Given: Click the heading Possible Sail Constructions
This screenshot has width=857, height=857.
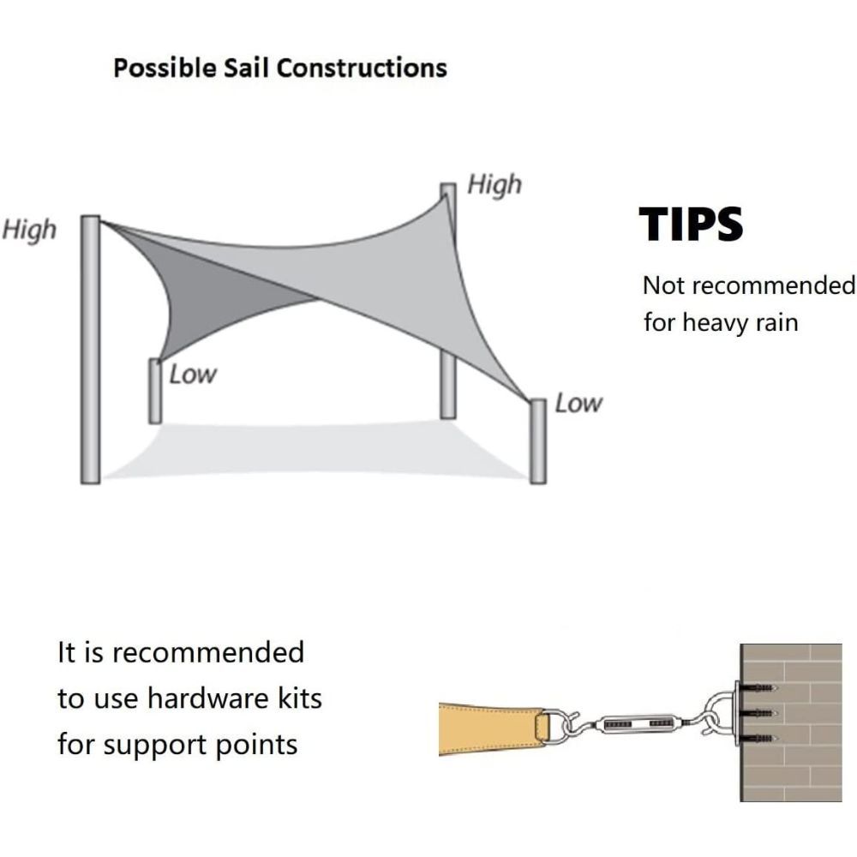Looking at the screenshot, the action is (280, 69).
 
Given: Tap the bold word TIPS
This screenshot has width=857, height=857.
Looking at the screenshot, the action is (691, 224).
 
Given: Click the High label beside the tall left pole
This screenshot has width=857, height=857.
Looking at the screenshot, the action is (29, 230).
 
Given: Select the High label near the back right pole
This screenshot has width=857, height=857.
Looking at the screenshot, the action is (494, 185).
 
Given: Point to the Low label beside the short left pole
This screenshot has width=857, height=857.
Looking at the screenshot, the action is (193, 375).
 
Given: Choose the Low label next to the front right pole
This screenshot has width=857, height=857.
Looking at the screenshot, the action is (578, 404).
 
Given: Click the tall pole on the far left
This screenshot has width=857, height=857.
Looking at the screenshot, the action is (90, 350).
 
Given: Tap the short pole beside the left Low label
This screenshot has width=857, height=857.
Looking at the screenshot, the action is (155, 391).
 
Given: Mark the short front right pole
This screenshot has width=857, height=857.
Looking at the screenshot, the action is (538, 441).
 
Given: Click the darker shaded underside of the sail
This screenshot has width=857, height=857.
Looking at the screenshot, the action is (207, 295).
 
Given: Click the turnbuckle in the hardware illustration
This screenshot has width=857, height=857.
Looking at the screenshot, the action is (637, 723).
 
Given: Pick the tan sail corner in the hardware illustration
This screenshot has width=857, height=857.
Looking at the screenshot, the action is (492, 729).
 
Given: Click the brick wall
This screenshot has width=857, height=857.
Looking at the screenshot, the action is (791, 722).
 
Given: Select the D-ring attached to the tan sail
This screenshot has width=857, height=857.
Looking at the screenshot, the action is (553, 727).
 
